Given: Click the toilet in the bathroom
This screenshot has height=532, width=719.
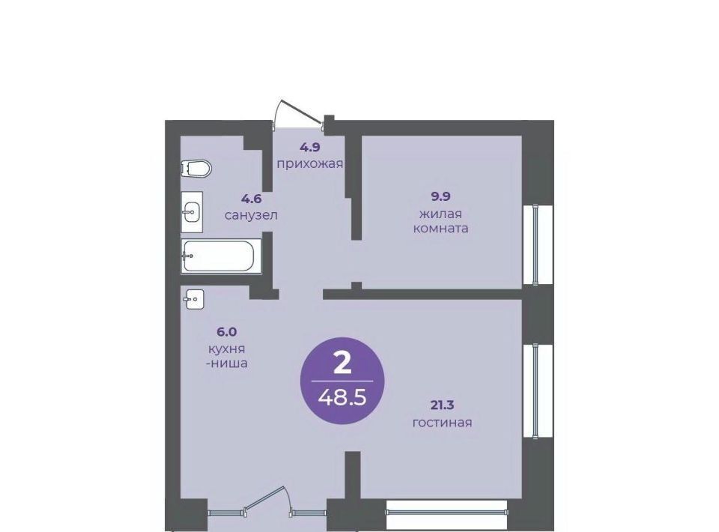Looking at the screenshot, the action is (x=195, y=169).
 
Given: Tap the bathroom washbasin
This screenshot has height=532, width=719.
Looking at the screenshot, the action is (x=192, y=212).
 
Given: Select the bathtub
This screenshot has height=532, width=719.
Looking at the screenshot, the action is (x=222, y=256).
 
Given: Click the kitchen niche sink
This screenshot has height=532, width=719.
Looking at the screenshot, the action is (x=195, y=299).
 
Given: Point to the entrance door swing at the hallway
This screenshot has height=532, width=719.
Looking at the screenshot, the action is (x=299, y=112).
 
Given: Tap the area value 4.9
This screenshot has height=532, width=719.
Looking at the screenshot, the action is (x=310, y=147).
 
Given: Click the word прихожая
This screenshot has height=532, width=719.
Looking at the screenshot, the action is (x=310, y=164).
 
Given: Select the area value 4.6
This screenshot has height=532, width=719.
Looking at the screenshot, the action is (x=252, y=199).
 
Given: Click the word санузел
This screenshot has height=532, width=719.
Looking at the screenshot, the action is (x=252, y=215).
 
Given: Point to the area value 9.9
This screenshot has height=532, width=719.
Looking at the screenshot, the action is (x=440, y=196).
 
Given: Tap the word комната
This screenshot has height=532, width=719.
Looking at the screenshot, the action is (x=440, y=229).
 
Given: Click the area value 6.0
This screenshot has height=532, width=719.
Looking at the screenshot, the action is (x=226, y=331).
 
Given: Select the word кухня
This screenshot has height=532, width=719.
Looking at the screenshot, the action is (x=226, y=348).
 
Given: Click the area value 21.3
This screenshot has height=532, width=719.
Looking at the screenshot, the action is (x=443, y=405).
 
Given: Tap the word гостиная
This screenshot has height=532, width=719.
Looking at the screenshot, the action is (x=443, y=422).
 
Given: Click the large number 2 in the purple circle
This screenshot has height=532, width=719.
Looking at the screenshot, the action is (x=342, y=365).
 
